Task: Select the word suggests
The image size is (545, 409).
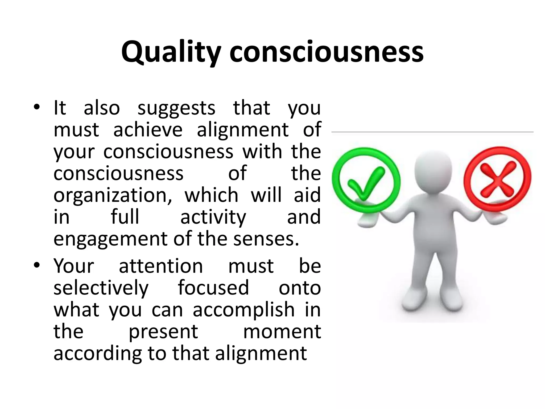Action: [x=176, y=109]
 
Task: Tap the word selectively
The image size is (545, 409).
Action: [x=101, y=288]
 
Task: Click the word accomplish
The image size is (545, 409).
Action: [x=243, y=310]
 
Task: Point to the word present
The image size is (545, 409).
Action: [x=163, y=332]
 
